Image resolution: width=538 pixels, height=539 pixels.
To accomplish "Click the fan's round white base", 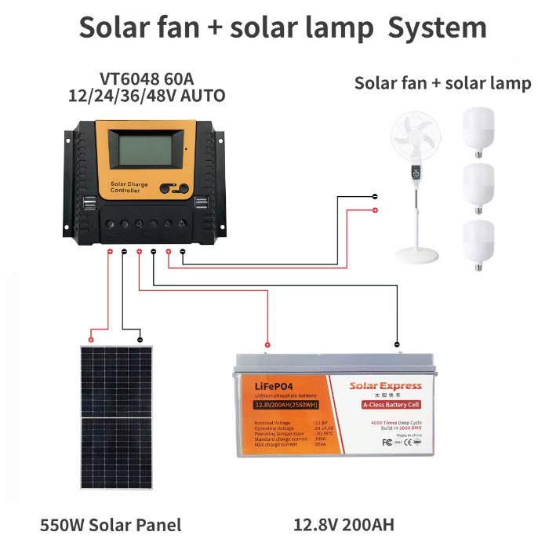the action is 416,255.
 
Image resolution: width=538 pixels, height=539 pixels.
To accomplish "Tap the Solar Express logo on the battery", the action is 385,385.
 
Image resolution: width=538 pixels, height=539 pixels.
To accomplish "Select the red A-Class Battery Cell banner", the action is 384,405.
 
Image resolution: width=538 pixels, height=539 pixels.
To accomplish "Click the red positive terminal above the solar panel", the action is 91,340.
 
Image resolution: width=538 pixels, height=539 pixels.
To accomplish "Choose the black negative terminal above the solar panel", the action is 140,340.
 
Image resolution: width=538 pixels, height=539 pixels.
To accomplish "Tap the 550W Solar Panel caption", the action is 111,525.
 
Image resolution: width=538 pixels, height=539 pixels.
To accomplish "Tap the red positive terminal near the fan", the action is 375,210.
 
